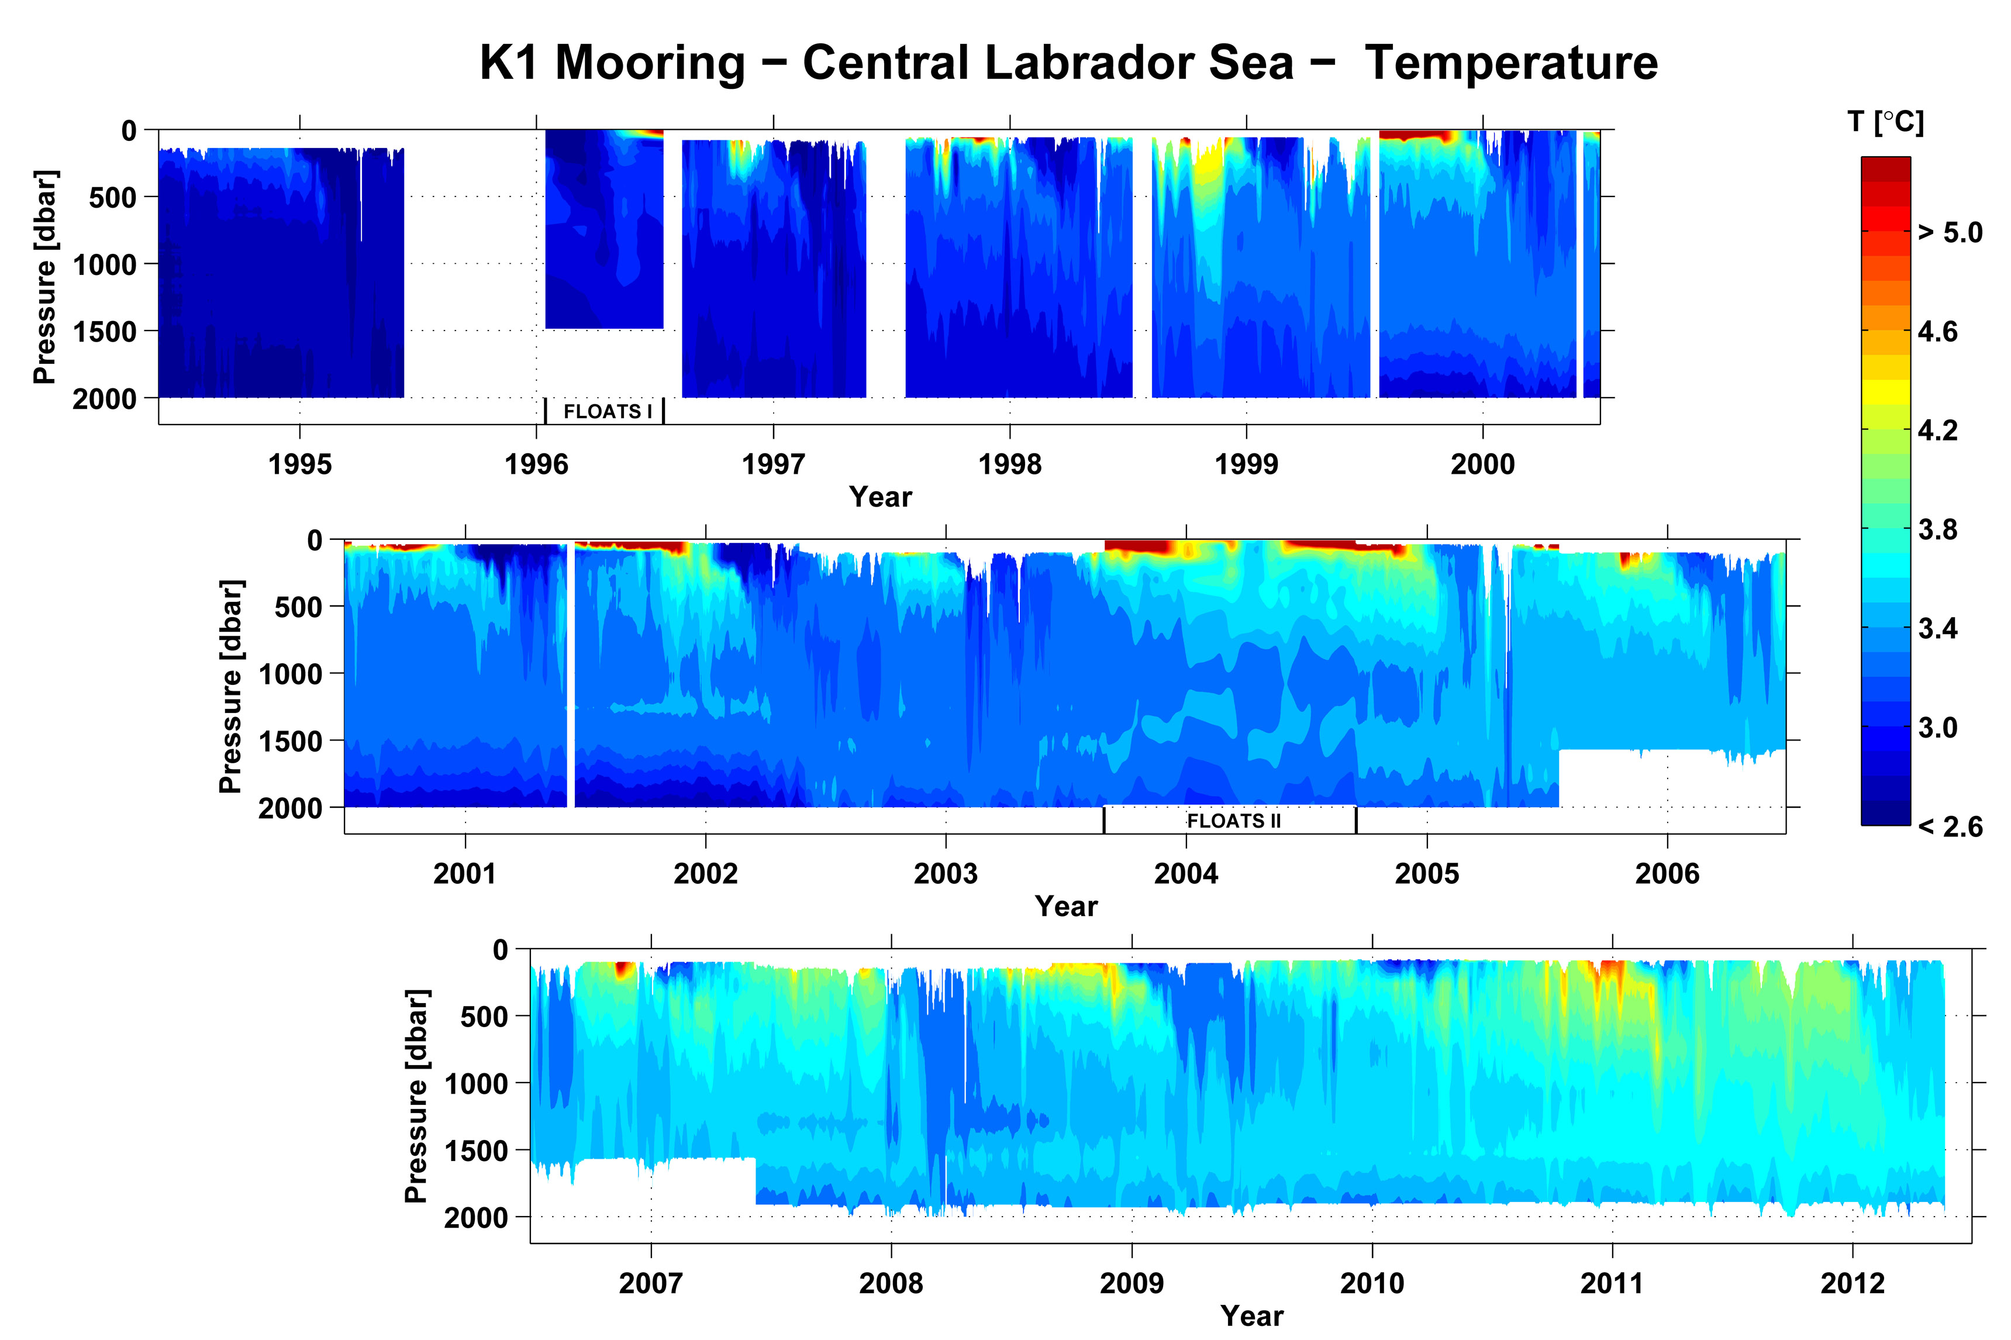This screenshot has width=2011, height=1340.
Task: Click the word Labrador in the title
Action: [x=1048, y=63]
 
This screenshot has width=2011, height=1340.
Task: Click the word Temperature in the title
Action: [x=1510, y=63]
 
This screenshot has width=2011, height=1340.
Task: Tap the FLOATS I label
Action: [x=608, y=412]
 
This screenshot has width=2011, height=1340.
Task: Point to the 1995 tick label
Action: [x=300, y=465]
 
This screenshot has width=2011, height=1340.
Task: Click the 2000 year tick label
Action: [x=1482, y=465]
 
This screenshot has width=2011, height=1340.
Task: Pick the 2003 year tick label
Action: [x=946, y=874]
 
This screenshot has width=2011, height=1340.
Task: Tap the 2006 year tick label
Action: [x=1667, y=874]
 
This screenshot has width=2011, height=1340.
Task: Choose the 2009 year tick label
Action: [x=1132, y=1284]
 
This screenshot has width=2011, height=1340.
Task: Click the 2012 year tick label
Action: [x=1852, y=1284]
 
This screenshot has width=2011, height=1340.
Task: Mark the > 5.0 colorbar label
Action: [x=1950, y=232]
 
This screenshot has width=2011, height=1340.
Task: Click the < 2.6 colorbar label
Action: [x=1950, y=827]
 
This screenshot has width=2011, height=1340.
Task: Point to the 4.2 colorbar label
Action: [x=1937, y=430]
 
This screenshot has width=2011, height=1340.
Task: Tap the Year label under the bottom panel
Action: [x=1251, y=1316]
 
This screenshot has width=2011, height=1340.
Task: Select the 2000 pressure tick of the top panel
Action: [x=104, y=399]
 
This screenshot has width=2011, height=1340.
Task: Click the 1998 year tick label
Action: [x=1010, y=465]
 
